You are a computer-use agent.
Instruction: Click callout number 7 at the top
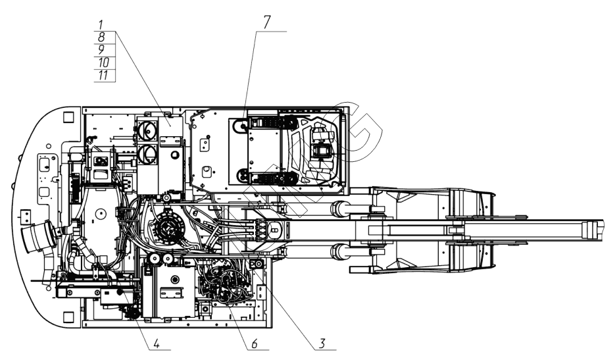pyautogui.click(x=266, y=21)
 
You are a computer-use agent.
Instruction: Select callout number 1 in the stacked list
pyautogui.click(x=102, y=24)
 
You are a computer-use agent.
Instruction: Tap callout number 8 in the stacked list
pyautogui.click(x=102, y=38)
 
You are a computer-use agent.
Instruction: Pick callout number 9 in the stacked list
pyautogui.click(x=102, y=51)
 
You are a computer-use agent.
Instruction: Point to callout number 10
pyautogui.click(x=102, y=63)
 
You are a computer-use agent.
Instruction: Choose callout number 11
pyautogui.click(x=102, y=76)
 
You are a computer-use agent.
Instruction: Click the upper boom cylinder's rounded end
pyautogui.click(x=339, y=209)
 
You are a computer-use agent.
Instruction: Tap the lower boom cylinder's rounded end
pyautogui.click(x=339, y=251)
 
